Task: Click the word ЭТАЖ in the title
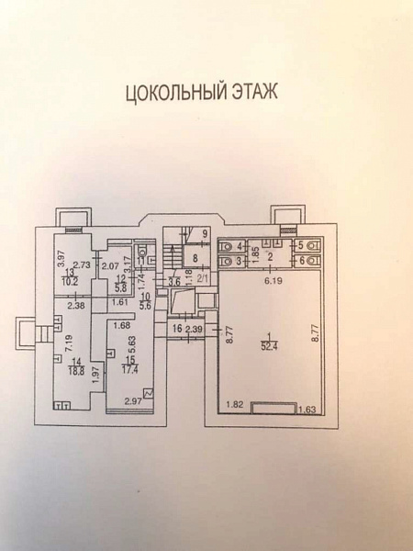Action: [251, 93]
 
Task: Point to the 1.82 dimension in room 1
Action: [235, 404]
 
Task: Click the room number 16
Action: [175, 329]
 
